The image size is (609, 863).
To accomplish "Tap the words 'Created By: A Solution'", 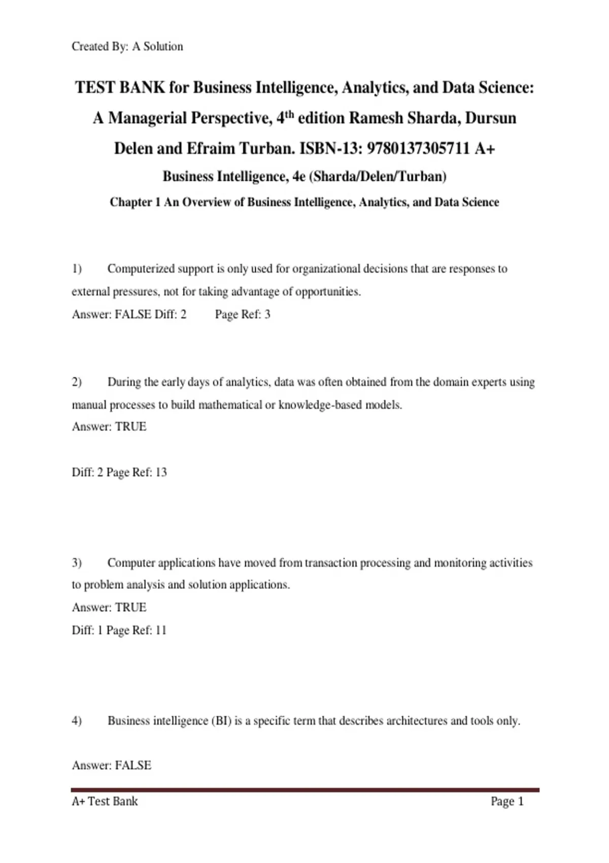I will [127, 47].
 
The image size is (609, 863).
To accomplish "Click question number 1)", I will [77, 269].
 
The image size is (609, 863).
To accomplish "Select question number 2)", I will [77, 382].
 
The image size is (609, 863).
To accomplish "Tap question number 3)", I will [77, 562].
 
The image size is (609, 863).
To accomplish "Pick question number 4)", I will [77, 721].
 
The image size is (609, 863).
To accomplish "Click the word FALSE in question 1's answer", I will [133, 314].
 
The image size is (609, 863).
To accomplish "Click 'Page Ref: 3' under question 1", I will [243, 314].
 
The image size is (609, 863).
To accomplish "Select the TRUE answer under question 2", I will [130, 426].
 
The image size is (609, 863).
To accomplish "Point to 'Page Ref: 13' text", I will [137, 472].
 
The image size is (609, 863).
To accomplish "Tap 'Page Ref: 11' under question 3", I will [137, 630].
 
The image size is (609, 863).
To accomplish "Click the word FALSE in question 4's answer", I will [133, 765].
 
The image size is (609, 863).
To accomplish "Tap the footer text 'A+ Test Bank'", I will [105, 801].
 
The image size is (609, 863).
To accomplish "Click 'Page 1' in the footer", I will [506, 801].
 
